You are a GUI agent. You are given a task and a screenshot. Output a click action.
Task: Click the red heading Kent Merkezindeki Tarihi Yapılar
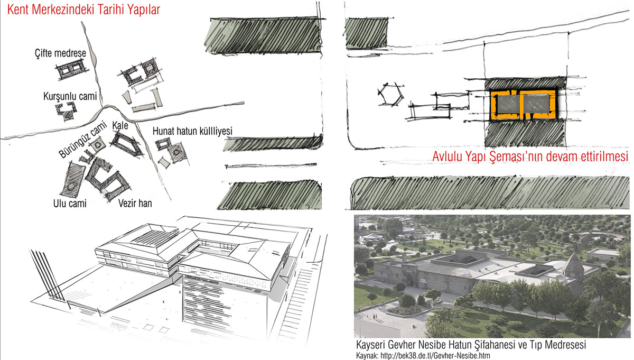pos(83,10)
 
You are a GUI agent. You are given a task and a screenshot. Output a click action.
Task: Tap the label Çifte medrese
pos(61,53)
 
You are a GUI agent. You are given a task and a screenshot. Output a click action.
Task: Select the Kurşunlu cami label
pos(70,96)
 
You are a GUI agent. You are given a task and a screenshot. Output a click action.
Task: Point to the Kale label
pos(120,125)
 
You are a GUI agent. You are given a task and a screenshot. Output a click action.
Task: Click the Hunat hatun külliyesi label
pos(192,131)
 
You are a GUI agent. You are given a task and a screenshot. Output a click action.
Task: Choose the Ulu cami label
pos(70,204)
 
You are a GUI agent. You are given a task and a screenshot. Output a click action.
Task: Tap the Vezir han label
pos(135,204)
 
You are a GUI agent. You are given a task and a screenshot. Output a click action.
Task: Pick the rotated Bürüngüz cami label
pos(82,140)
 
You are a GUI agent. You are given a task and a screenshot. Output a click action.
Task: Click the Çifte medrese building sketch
pos(71,69)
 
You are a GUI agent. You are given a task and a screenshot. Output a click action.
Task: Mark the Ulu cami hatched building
pos(72,180)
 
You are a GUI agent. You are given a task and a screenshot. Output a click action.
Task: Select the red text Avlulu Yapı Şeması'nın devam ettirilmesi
pos(530,156)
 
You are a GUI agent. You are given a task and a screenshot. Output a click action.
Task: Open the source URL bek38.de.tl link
pos(435,355)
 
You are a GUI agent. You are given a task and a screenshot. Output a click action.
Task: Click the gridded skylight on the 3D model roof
pos(155,237)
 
